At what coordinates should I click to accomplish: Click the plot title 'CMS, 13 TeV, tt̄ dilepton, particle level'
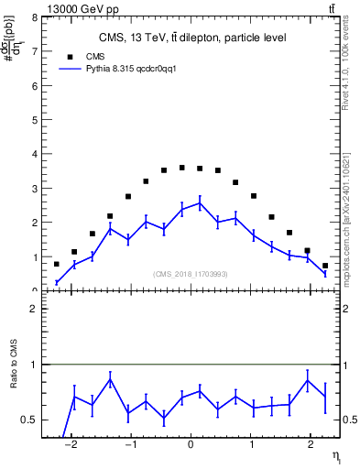(x=192, y=38)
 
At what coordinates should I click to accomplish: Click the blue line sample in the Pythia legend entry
(x=71, y=68)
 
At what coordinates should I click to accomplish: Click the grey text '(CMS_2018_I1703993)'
(x=191, y=273)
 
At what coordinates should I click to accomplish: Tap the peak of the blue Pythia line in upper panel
(x=200, y=203)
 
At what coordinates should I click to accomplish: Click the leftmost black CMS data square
(x=57, y=264)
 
